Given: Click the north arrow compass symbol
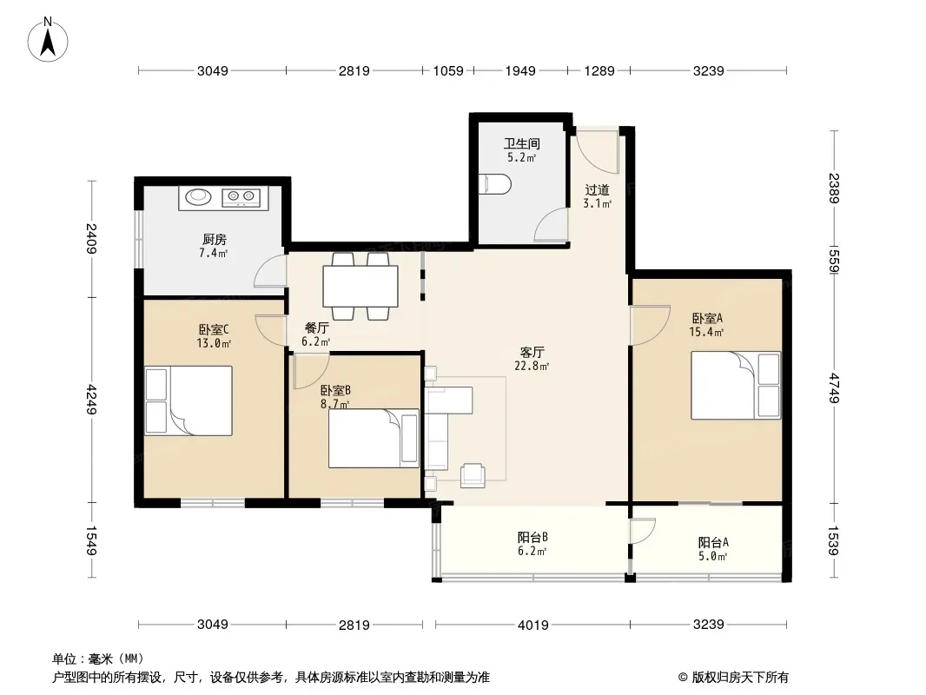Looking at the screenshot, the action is click(48, 39).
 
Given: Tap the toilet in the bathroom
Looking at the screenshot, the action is click(494, 184).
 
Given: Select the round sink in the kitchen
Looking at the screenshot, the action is click(195, 196).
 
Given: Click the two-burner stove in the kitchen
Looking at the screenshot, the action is click(241, 197).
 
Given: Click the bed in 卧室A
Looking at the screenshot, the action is click(736, 385).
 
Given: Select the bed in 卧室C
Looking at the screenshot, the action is click(189, 400).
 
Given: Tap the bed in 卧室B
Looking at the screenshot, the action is click(374, 438).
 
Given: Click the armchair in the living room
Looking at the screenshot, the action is click(473, 474).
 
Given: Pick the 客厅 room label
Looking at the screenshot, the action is click(532, 352).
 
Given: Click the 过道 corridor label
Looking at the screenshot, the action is click(597, 190).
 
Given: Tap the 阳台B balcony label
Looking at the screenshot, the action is click(532, 538).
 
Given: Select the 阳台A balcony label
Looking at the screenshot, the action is click(713, 542).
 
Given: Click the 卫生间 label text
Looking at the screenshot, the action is click(522, 143).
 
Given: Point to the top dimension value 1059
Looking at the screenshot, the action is click(448, 71).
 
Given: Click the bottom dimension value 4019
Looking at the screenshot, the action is click(533, 624).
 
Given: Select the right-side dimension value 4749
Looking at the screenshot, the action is click(833, 388).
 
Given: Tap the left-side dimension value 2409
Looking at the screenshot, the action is click(91, 238).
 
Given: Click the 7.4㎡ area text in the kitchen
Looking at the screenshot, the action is click(213, 254).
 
